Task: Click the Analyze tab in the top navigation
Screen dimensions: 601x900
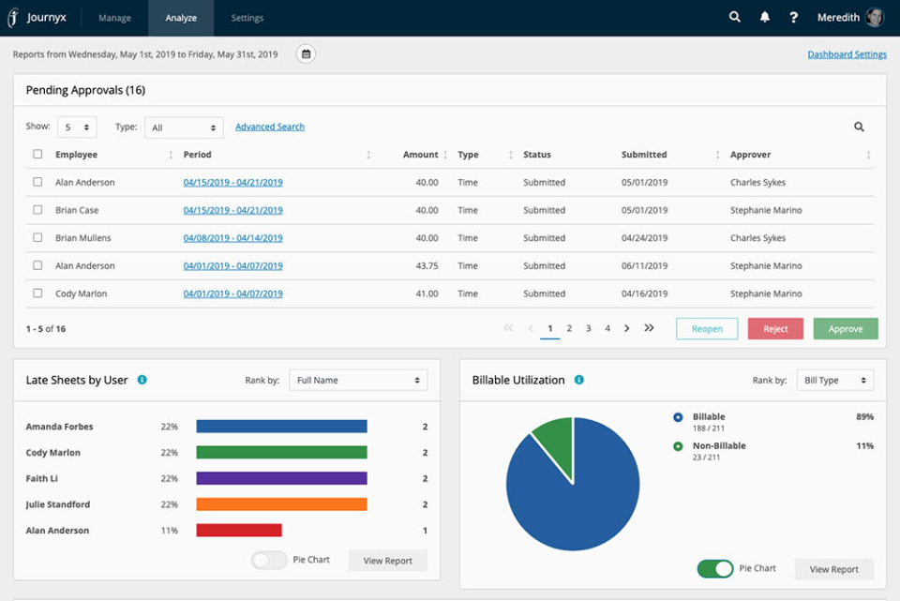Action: coord(180,18)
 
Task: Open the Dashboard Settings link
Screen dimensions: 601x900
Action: coord(847,54)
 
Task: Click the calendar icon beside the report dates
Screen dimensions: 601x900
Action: coord(306,54)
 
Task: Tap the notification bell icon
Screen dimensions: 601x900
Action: coord(764,18)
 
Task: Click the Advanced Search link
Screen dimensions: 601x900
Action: coord(270,127)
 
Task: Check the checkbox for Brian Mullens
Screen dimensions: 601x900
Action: coord(37,238)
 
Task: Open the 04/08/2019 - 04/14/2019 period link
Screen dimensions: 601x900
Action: coord(232,238)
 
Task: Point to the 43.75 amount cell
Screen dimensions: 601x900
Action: coord(427,266)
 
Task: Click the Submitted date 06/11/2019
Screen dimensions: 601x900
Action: coord(644,266)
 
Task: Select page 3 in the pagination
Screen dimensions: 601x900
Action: coord(588,328)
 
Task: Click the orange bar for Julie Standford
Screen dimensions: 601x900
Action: coord(281,504)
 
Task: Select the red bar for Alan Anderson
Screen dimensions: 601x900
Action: coord(239,531)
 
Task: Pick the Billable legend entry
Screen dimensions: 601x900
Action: coord(708,417)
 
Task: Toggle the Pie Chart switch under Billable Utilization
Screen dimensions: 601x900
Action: coord(715,569)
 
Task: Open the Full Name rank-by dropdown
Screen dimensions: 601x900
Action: coord(358,380)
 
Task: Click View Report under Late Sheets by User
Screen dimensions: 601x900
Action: coord(387,561)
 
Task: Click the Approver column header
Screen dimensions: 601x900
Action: coord(751,155)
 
